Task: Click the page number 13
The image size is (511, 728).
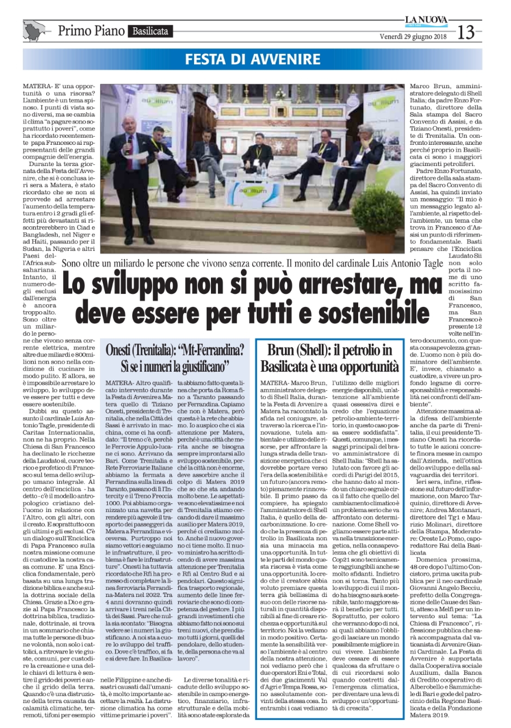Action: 466,32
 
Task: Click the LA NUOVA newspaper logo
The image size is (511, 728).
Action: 426,21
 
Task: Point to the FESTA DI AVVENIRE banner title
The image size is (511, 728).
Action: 253,59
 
